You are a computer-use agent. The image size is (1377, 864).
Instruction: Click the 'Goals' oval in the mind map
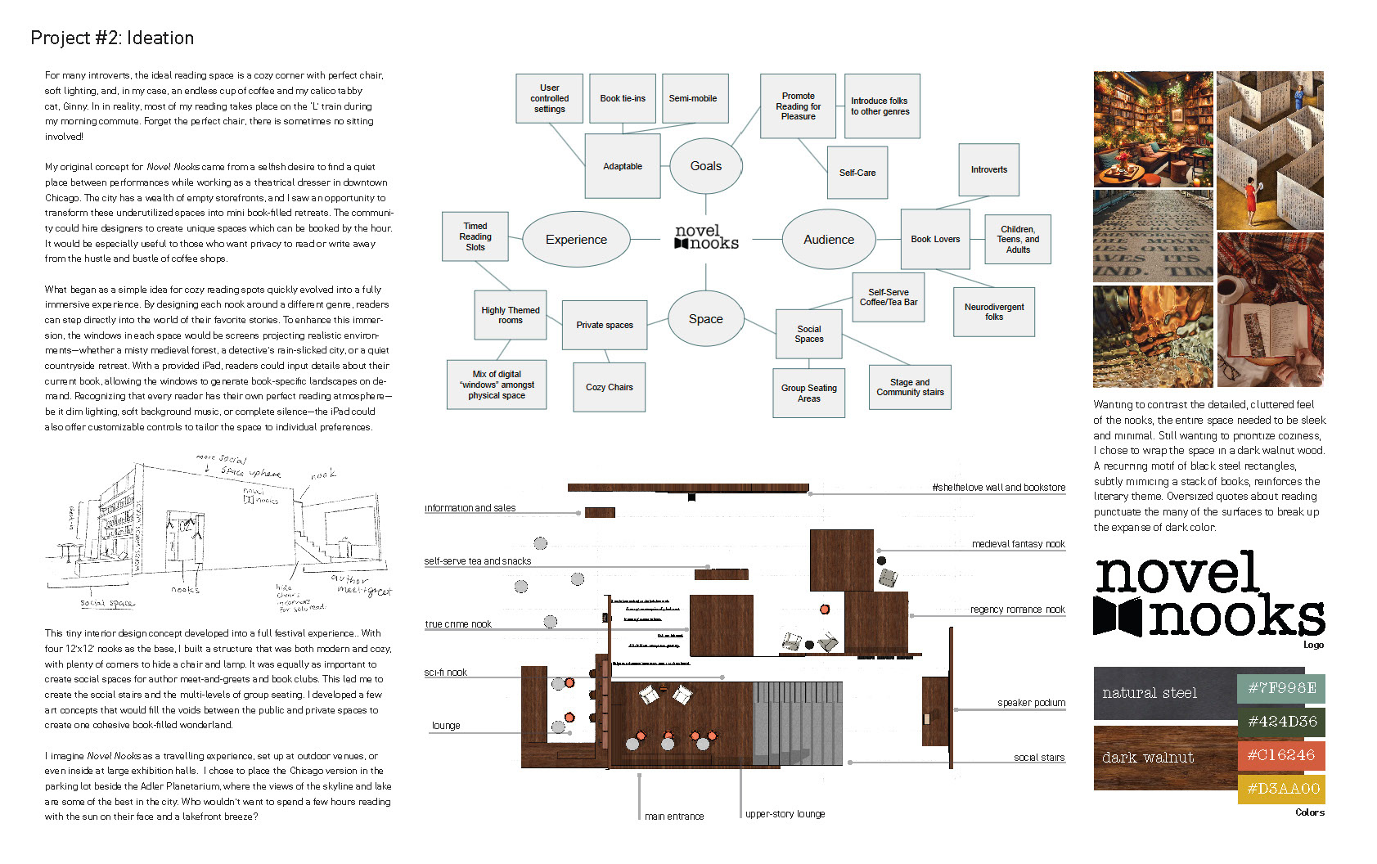pos(705,166)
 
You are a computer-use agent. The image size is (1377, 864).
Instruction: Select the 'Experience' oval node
pos(576,240)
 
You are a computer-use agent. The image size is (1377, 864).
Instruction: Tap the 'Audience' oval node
pos(828,240)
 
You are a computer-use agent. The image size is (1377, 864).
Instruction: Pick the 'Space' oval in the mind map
pos(705,319)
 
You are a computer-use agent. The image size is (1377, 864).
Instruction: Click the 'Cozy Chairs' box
pos(609,387)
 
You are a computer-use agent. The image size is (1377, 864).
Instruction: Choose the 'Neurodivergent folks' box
pos(993,312)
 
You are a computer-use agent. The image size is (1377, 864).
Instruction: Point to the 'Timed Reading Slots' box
pos(475,236)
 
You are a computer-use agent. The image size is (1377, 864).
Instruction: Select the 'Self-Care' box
pos(857,173)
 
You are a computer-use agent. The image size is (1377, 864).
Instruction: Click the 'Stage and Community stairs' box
pos(910,387)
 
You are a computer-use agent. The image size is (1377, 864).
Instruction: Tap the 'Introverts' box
pos(988,169)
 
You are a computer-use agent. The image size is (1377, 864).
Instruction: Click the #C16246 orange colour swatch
pos(1280,755)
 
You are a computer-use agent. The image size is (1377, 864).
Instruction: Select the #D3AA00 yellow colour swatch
pos(1280,789)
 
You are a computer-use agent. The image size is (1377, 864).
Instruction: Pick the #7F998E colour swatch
pos(1280,688)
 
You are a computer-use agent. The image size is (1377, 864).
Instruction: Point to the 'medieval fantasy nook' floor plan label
pos(1018,544)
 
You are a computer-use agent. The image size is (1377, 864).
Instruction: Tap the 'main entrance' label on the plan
pos(673,817)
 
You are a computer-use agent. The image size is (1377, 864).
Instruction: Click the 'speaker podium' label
pos(1031,703)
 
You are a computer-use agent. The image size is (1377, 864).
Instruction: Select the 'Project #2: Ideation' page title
pos(112,38)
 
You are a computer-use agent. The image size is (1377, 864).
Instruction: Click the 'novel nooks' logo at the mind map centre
pos(706,237)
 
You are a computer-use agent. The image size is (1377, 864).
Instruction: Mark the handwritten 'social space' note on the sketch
pos(107,603)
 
